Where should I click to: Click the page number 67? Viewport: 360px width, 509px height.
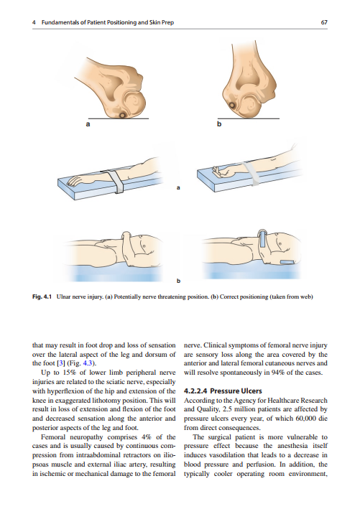coord(324,22)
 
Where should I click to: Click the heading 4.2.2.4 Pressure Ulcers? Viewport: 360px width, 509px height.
coord(223,391)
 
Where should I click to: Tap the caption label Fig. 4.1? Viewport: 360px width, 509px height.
coord(42,296)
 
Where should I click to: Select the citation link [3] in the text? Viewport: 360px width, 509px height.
coord(61,363)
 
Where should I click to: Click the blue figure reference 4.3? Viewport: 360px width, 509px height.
coord(88,363)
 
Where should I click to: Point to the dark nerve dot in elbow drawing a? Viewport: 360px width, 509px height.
coord(122,116)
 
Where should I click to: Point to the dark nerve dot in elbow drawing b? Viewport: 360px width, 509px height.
coord(233,106)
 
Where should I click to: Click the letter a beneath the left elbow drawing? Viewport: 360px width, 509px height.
coord(88,123)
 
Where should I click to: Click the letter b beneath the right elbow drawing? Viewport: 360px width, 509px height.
coord(219,123)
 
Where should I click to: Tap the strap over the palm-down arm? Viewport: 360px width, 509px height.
coord(115,181)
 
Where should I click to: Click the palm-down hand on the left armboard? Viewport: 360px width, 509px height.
coord(75,180)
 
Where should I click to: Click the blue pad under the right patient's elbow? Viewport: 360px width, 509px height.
coord(287,262)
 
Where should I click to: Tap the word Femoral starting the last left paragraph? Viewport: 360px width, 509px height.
coord(53,437)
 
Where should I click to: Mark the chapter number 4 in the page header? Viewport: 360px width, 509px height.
coord(34,22)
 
